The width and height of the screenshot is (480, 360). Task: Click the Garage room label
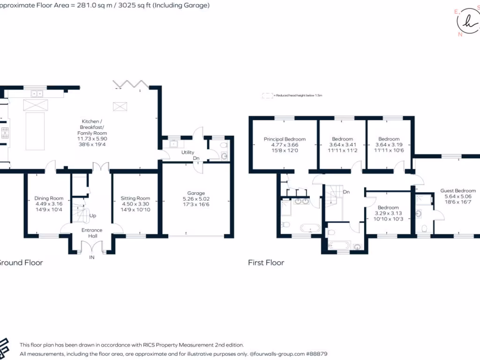click(x=196, y=193)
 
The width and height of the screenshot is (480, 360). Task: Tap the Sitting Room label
click(x=135, y=198)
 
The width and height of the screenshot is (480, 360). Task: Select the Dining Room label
click(x=49, y=198)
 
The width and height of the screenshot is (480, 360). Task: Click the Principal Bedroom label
click(x=285, y=139)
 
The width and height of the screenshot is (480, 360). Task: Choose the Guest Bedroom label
click(x=458, y=191)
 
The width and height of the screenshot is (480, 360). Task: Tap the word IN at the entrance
click(x=92, y=257)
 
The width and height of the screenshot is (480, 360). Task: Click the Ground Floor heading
click(x=21, y=262)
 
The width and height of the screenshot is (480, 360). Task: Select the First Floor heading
click(x=266, y=262)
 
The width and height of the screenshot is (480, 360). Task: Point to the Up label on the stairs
click(x=92, y=216)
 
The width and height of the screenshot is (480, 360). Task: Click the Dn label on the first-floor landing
click(x=346, y=192)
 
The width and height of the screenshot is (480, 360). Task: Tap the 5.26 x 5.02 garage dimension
click(x=196, y=199)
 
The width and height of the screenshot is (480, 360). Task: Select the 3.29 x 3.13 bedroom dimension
click(x=388, y=214)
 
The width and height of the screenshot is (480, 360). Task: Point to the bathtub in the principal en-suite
click(x=309, y=229)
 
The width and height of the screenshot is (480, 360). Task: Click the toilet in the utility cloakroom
click(x=224, y=156)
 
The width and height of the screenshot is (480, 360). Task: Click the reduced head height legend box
click(x=268, y=95)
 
